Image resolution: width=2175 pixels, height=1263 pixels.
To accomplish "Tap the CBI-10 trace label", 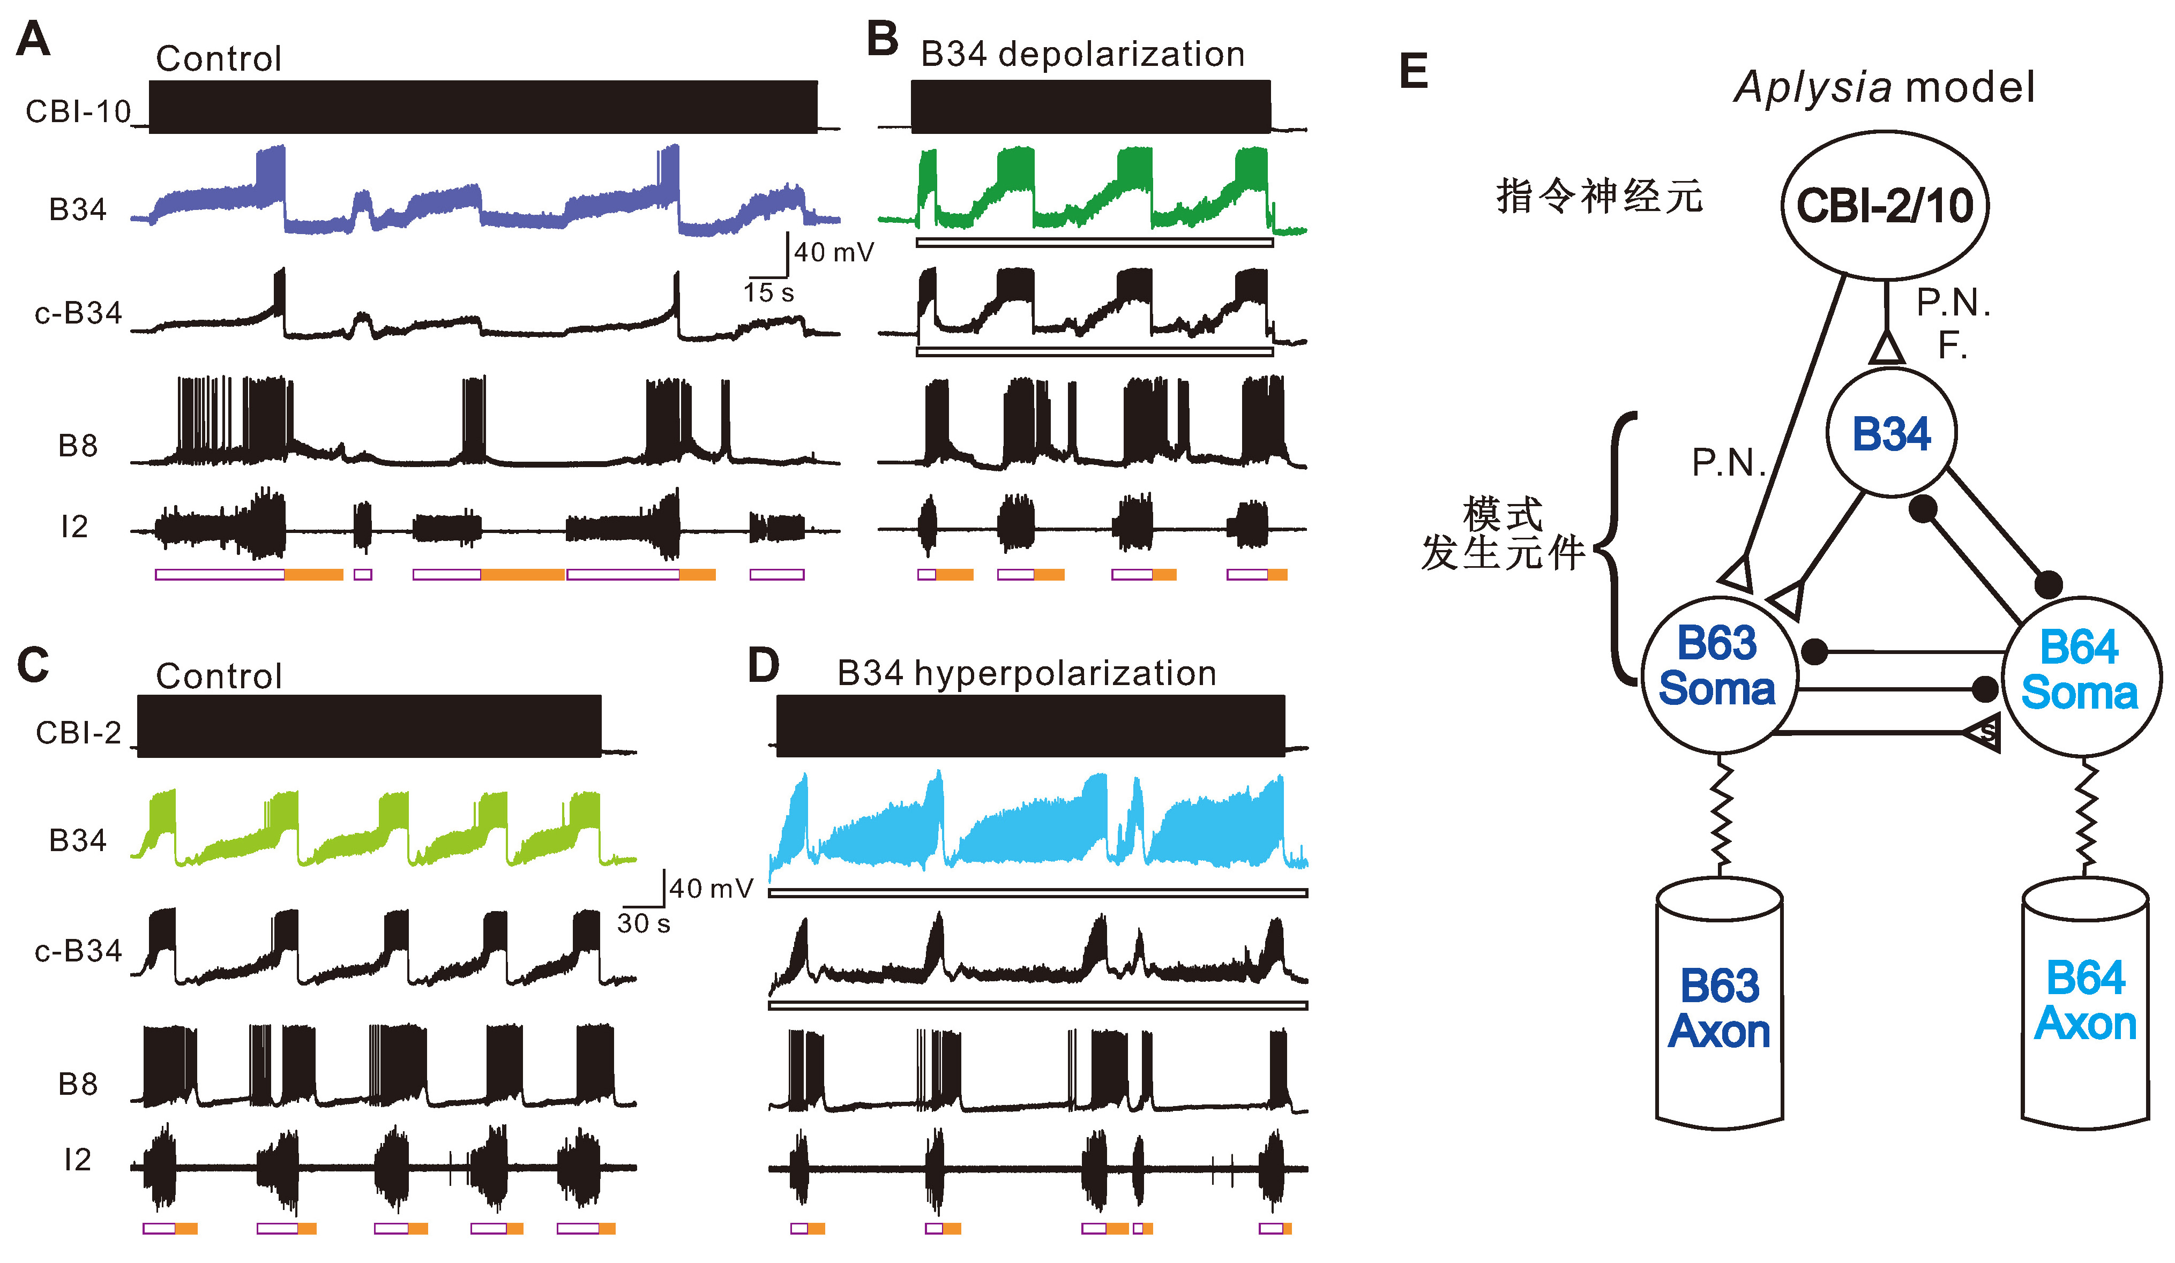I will tap(78, 111).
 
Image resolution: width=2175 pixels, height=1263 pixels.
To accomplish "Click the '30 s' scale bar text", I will tap(643, 924).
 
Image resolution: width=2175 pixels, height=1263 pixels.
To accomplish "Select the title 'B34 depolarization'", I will tap(1082, 54).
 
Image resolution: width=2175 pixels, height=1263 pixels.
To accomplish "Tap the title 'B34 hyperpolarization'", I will tap(1026, 673).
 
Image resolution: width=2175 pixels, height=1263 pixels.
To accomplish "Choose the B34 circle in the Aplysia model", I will tap(1891, 433).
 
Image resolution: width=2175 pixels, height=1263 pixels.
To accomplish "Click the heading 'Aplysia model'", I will tap(1884, 87).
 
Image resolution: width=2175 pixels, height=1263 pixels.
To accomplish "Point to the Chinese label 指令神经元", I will tap(1598, 197).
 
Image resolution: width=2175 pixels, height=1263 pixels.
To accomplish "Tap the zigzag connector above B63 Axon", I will tap(1720, 815).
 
